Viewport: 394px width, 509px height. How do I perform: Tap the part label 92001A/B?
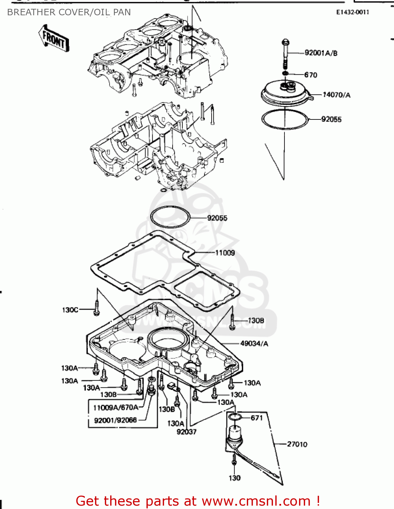tap(321, 53)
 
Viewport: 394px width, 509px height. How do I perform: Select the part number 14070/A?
tap(336, 95)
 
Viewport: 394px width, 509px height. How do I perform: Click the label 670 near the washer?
tap(311, 75)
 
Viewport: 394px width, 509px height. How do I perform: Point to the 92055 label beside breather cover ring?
tap(331, 119)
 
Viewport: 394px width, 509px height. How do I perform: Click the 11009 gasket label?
tap(225, 253)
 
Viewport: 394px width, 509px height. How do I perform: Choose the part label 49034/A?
tap(254, 343)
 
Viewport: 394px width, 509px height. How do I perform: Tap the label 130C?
tap(70, 310)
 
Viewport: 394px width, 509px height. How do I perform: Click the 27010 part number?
tap(297, 444)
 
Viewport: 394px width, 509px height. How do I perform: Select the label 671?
tap(257, 418)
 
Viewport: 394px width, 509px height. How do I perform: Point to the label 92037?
tap(186, 432)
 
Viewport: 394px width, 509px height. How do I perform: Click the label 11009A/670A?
tap(116, 408)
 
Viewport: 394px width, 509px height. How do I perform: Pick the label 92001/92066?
tap(115, 420)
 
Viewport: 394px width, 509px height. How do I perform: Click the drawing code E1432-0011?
tap(353, 12)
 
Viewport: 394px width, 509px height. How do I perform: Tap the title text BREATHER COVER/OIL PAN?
tap(69, 12)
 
